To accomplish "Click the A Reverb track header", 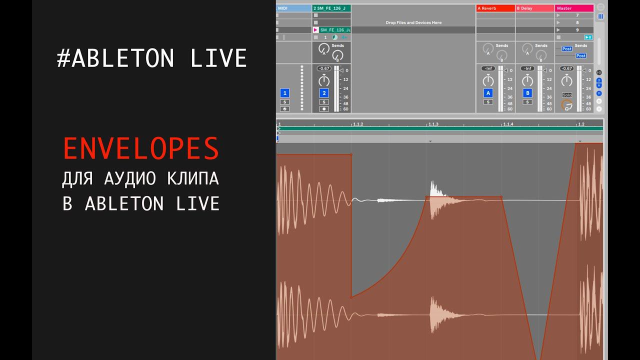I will point(494,8).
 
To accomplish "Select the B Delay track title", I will point(534,8).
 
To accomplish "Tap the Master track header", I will point(573,8).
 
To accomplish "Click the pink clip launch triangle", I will point(315,30).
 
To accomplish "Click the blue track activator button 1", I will point(284,93).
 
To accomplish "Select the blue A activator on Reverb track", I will point(488,93).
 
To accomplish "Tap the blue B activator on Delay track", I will point(527,93).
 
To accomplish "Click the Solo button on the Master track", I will point(566,95).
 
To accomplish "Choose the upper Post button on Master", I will point(566,49).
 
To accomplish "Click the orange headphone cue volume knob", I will point(566,105).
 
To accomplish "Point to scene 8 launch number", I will point(577,22).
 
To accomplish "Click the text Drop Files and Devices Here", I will point(413,22).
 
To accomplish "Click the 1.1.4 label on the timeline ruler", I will point(508,124).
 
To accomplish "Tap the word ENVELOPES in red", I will point(141,148).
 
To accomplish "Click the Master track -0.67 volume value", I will point(566,68).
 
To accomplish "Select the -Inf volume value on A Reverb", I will point(488,68).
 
